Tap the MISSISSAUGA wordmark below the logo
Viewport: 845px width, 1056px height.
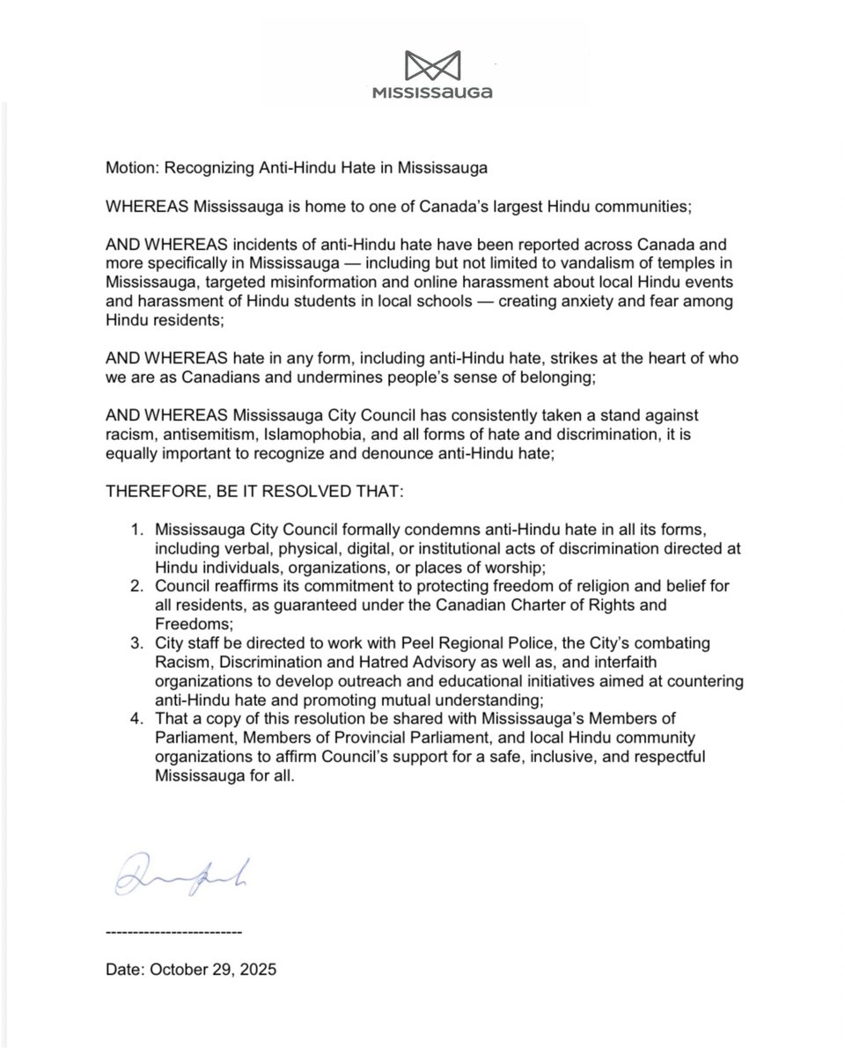click(x=431, y=92)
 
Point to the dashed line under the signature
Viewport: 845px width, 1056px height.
click(x=173, y=930)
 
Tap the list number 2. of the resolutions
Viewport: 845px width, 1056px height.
click(x=137, y=587)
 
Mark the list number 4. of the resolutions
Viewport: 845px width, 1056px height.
click(x=137, y=721)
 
